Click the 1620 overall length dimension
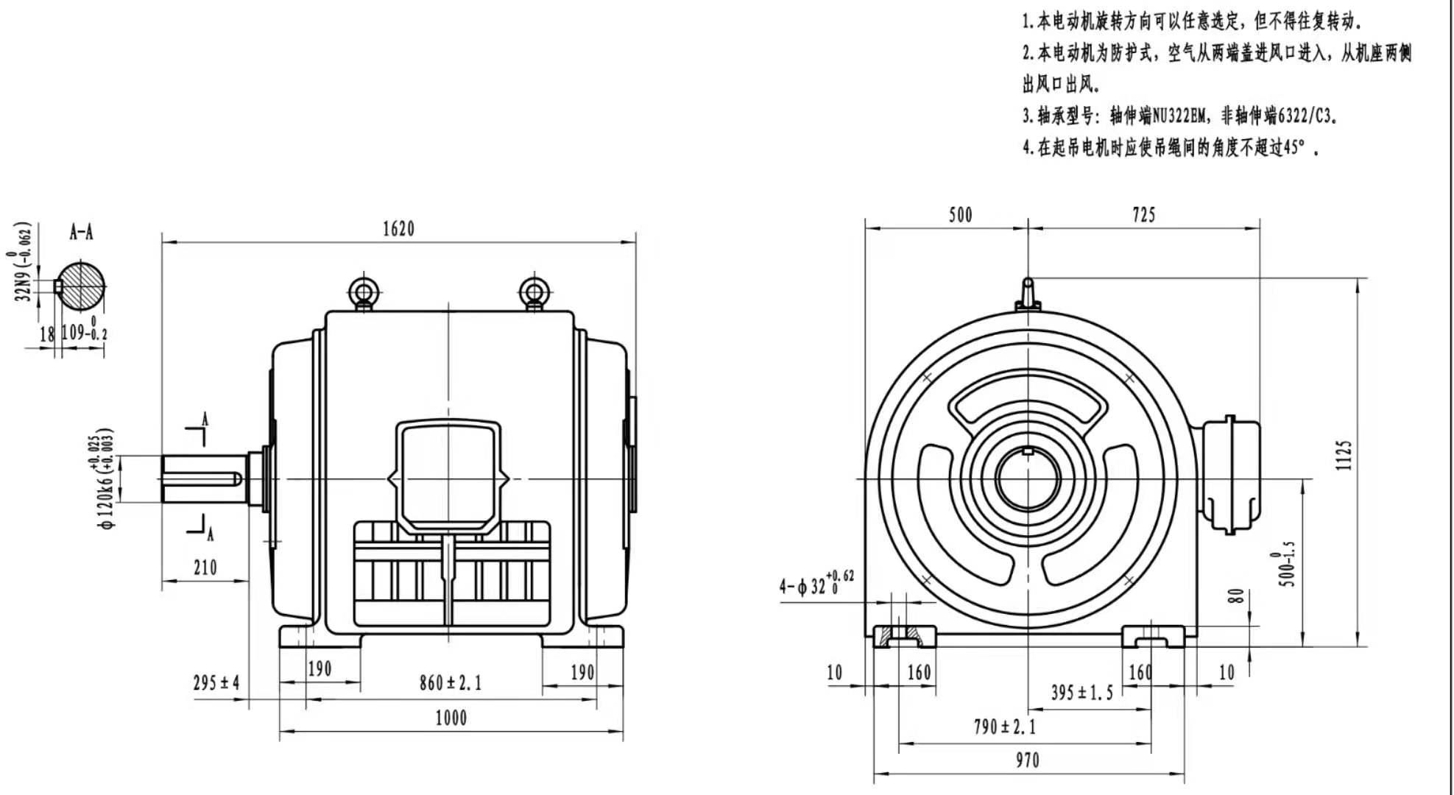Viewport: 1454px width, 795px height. tap(398, 229)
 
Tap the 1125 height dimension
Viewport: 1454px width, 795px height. tap(1344, 455)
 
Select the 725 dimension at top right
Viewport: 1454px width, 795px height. tap(1143, 215)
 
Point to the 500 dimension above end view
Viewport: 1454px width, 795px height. tap(960, 215)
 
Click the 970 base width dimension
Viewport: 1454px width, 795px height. tap(1027, 760)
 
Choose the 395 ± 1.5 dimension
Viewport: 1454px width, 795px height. tap(1081, 692)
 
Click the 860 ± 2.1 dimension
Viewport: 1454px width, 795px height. tap(451, 683)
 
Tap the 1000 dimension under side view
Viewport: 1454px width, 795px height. tap(451, 718)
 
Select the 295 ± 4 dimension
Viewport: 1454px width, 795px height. tap(216, 683)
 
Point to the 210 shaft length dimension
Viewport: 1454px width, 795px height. tap(205, 568)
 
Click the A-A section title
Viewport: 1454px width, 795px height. tap(81, 233)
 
